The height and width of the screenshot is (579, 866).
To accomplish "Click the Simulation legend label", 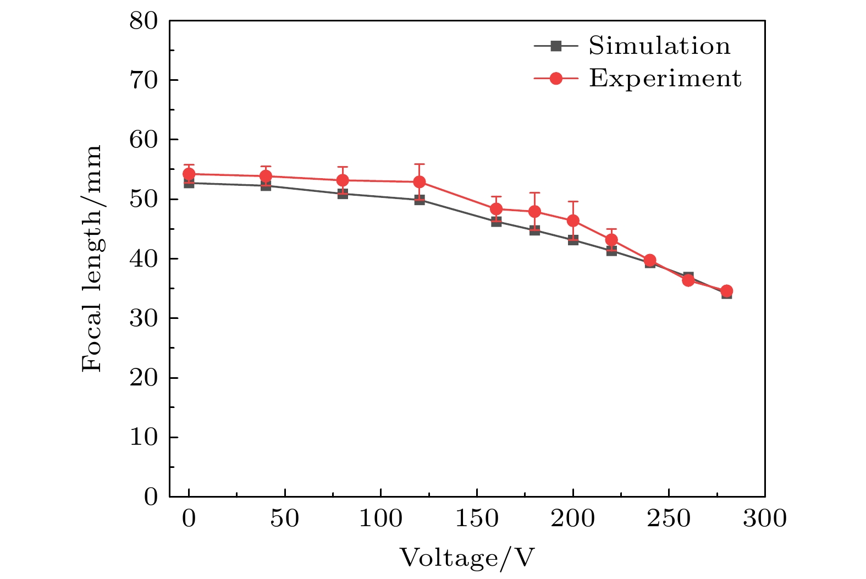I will (x=659, y=46).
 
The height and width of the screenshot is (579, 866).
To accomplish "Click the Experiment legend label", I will (x=665, y=79).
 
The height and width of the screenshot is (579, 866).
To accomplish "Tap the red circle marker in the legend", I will (x=556, y=79).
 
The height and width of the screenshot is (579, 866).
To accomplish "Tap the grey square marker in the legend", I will (x=556, y=46).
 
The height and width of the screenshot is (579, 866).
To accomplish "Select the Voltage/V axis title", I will (x=467, y=558).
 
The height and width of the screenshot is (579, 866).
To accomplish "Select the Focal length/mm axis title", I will (x=92, y=258).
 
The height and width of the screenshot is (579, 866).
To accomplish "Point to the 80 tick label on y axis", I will (x=144, y=21).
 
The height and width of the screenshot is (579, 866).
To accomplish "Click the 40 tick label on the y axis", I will (x=144, y=258).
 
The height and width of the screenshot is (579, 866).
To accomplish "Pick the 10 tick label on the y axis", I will (x=144, y=437).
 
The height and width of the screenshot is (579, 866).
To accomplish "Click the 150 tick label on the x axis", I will (x=477, y=519).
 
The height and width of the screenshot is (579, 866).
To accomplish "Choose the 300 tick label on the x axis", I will (x=764, y=519).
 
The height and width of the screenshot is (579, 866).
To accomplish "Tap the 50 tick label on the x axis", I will (x=285, y=519).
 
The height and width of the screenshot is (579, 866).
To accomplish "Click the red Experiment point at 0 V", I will (x=189, y=174).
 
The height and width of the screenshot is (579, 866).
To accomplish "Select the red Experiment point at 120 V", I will (x=419, y=181).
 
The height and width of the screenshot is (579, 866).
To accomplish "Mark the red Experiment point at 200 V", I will (x=573, y=220).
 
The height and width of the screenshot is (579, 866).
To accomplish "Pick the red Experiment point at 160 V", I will (x=496, y=209).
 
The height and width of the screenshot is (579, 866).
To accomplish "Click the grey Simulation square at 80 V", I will (x=343, y=194).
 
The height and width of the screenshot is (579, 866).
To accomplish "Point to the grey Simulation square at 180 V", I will (x=534, y=230).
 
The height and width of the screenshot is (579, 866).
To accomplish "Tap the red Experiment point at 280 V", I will (x=726, y=291).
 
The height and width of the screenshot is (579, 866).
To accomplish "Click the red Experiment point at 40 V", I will (x=266, y=177).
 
